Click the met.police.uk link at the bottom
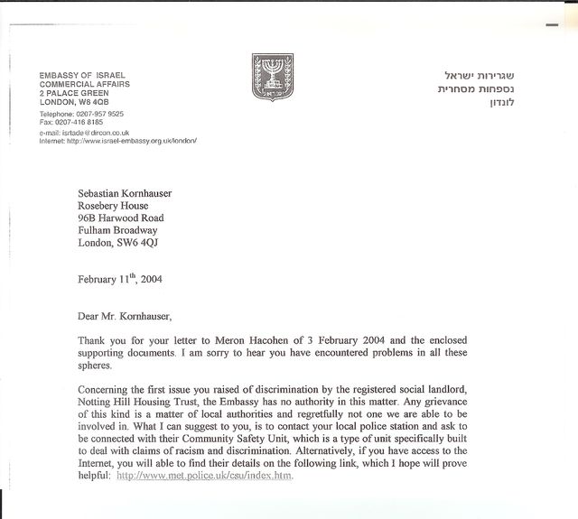[205, 475]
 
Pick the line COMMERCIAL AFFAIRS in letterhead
[84, 84]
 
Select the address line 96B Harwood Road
[120, 218]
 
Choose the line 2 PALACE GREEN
[74, 93]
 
